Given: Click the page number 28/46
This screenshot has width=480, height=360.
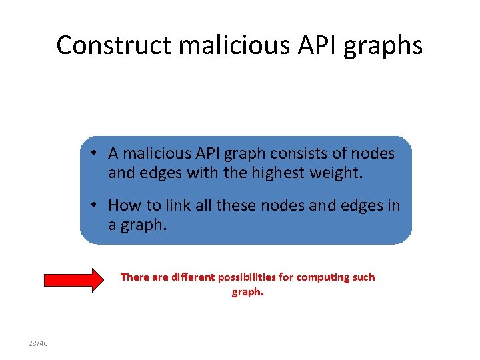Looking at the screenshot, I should tap(38, 343).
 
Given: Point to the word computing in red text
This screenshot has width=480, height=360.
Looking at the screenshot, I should tap(325, 277).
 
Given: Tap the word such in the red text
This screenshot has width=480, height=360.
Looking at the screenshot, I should tap(364, 277).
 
